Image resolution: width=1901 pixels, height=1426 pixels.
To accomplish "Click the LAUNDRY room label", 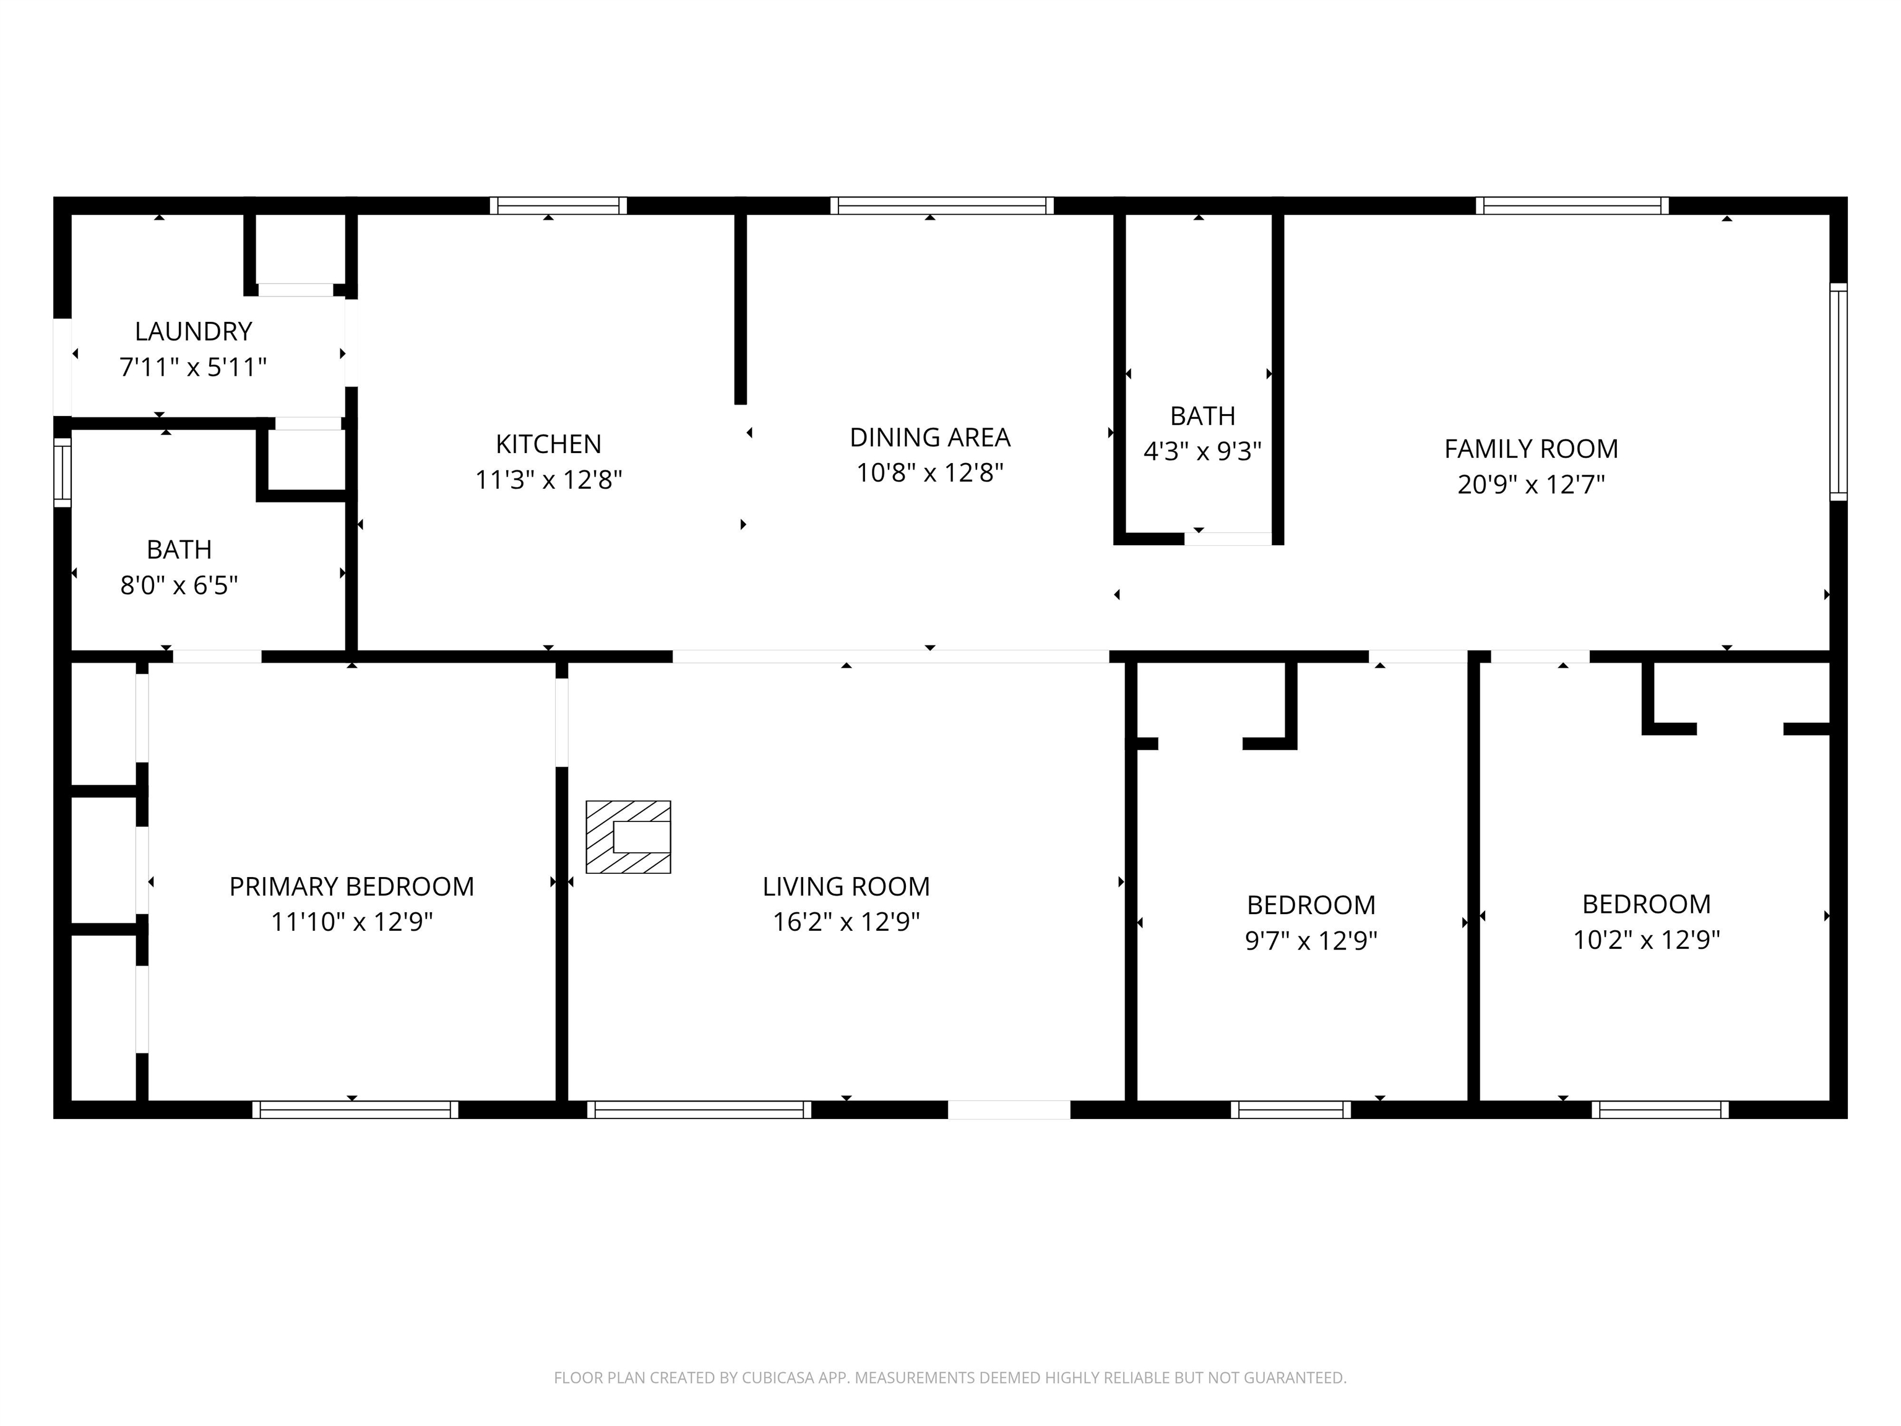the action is tap(193, 331).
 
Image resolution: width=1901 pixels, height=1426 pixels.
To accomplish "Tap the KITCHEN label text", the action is tap(548, 444).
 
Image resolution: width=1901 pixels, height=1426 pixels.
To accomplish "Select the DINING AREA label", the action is tap(930, 438).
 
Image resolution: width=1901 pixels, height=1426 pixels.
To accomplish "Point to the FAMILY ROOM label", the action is tap(1532, 449).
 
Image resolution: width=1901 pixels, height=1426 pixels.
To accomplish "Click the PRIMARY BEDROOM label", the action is tap(351, 886).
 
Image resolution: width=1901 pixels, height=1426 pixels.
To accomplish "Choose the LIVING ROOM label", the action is tap(847, 886).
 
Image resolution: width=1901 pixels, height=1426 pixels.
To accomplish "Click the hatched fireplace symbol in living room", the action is tap(628, 837).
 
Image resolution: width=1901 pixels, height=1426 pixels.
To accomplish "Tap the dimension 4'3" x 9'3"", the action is tap(1202, 451).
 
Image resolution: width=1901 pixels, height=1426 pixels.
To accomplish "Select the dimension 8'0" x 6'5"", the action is tap(179, 586).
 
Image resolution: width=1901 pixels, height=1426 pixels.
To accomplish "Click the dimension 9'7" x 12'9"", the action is tap(1311, 940).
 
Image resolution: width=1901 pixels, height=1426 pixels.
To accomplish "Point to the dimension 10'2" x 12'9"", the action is tap(1647, 940).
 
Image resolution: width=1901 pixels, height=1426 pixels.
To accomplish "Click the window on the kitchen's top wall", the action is tap(559, 205).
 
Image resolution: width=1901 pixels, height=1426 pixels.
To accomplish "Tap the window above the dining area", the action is tap(942, 205).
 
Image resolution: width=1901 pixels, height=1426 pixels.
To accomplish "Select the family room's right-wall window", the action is tap(1838, 392).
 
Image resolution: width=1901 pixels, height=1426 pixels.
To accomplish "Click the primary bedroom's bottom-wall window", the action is tap(355, 1110).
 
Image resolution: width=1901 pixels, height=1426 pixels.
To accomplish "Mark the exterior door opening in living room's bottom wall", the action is tap(1009, 1110).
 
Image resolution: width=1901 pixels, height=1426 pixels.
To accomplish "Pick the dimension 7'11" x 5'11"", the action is tap(193, 368).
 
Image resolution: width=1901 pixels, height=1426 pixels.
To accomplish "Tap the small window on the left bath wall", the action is tap(63, 473).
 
